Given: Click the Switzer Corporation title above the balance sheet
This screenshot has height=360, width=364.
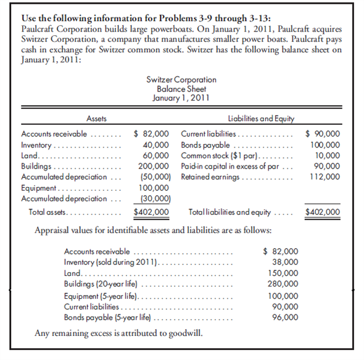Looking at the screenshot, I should [181, 80].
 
